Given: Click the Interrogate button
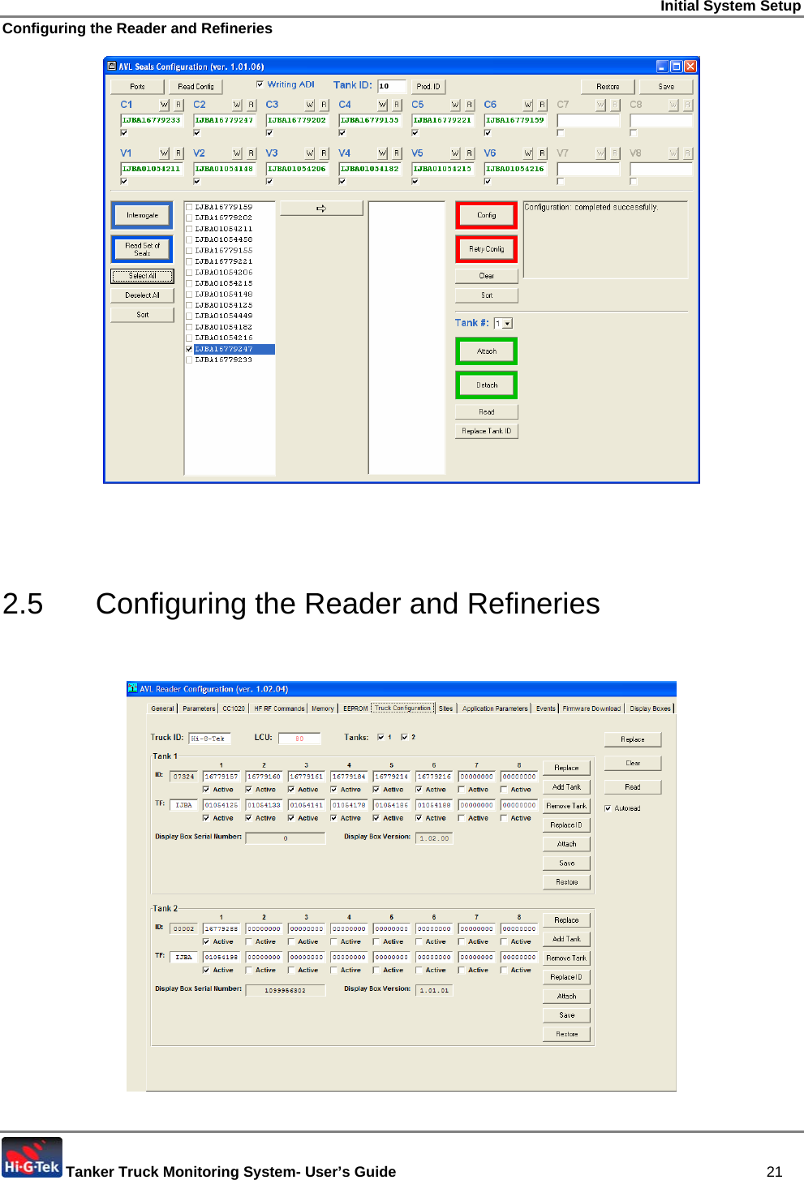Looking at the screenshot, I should click(142, 215).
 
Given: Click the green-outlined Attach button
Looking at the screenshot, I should click(486, 351).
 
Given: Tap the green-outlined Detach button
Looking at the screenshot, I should click(486, 385).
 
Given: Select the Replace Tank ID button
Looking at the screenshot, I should click(486, 431).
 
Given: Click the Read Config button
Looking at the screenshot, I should click(196, 86).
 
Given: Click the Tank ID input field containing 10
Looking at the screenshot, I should click(391, 86).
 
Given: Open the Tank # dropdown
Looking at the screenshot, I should click(507, 323).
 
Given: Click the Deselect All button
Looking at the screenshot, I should click(142, 295).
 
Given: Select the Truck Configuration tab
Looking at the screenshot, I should click(402, 708).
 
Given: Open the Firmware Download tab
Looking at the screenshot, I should click(591, 708).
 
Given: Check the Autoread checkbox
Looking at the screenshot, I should click(608, 808).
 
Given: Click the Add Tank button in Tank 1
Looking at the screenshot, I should click(566, 787).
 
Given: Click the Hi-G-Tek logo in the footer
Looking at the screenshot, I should click(32, 1158).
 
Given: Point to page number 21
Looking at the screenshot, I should click(774, 1171).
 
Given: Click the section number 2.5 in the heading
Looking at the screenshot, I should click(23, 604).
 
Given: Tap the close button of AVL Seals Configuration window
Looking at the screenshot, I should click(690, 67).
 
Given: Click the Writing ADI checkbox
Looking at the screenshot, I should click(260, 84).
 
